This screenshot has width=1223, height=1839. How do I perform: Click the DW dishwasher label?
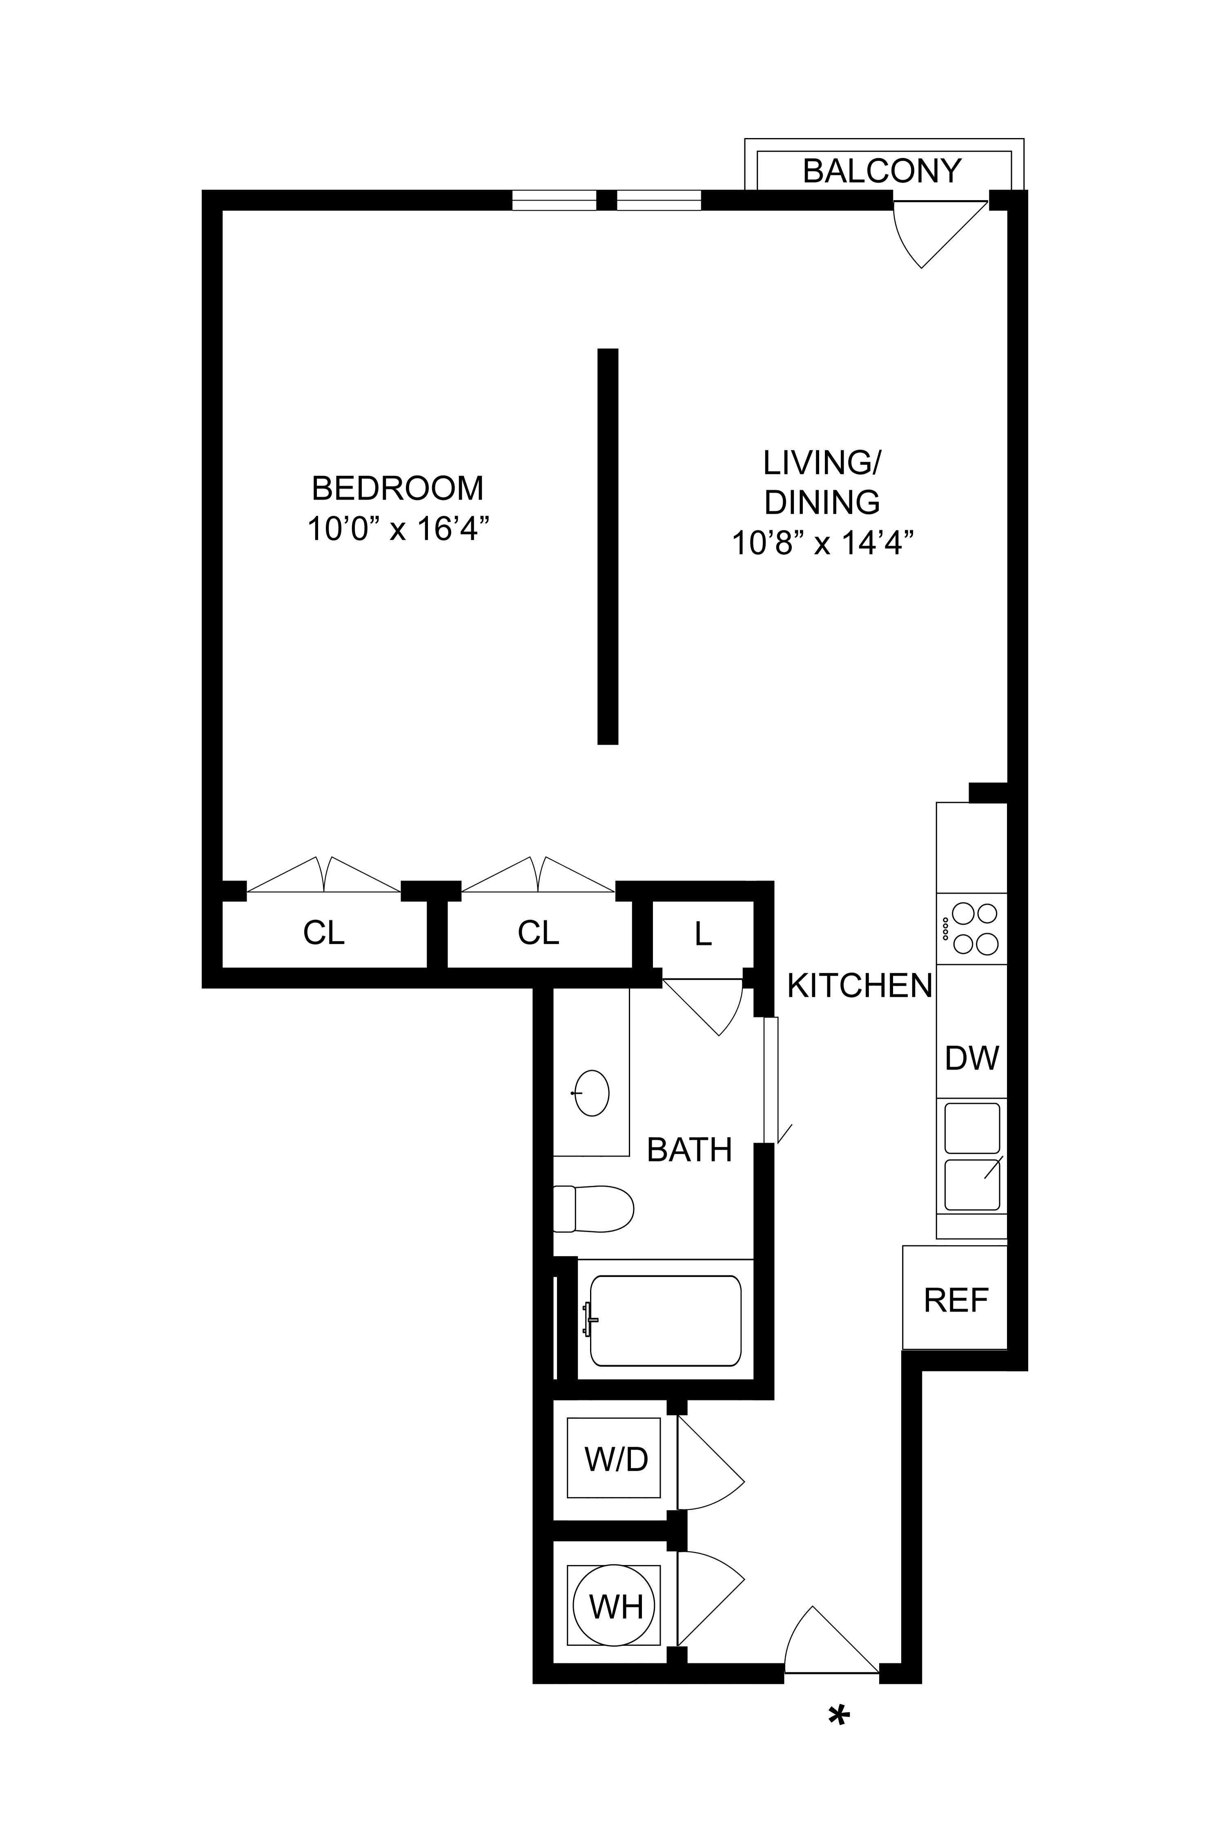972,1058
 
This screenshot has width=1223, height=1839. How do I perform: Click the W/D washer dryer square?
614,1458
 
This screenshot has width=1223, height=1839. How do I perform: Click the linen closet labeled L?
703,934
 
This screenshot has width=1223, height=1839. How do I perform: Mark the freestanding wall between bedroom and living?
608,546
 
